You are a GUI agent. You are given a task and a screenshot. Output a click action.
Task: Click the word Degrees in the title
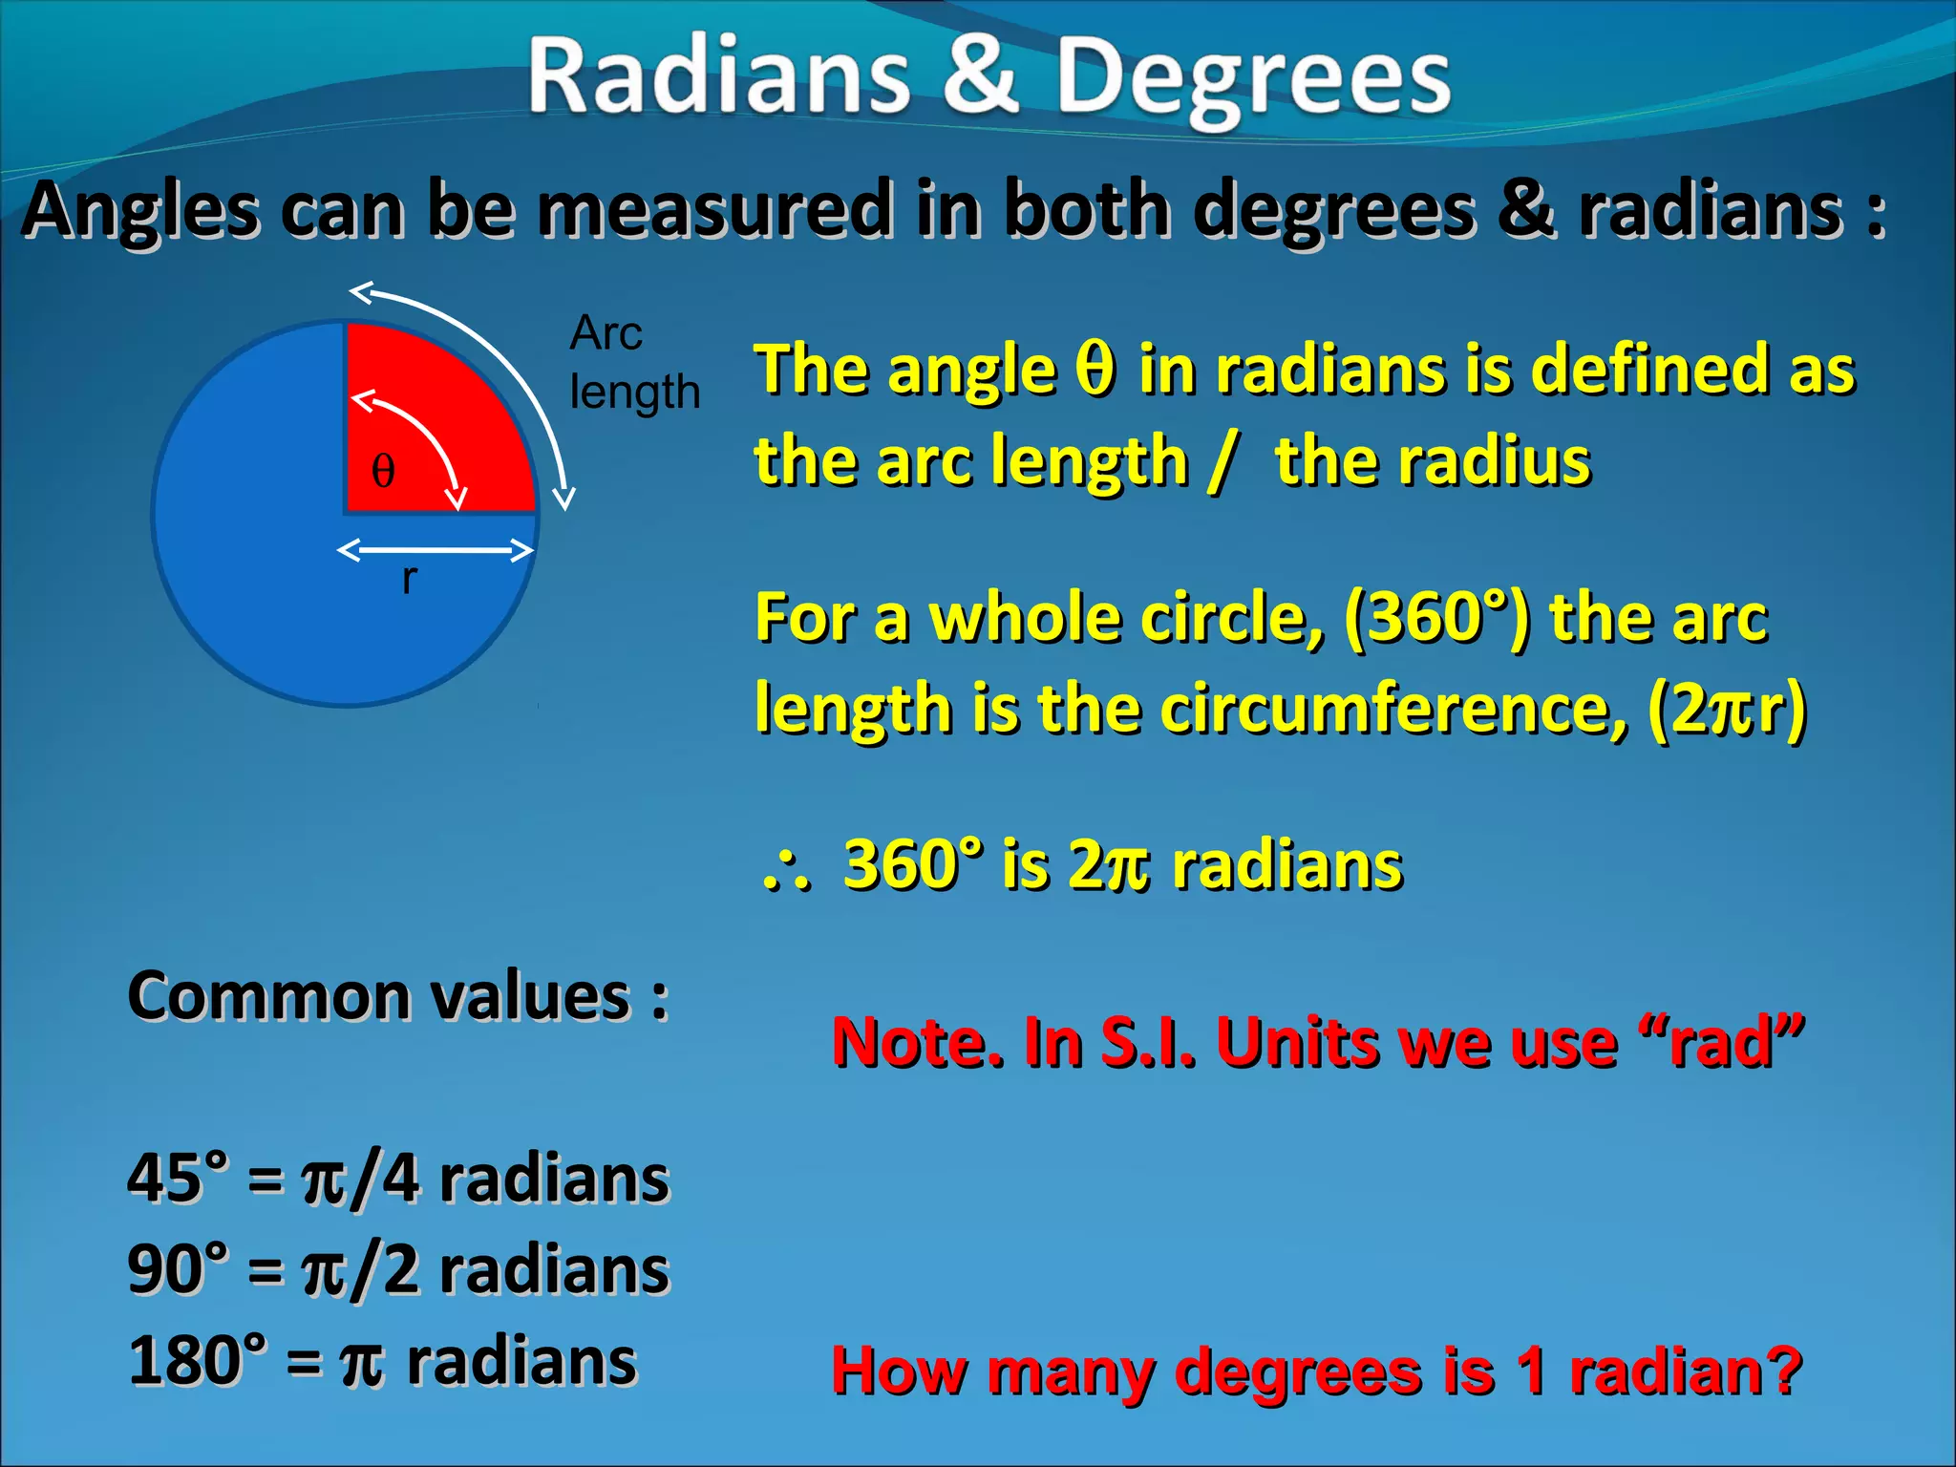1252,81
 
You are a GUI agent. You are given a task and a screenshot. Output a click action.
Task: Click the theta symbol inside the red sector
383,471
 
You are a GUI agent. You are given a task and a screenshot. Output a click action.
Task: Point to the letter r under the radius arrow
409,578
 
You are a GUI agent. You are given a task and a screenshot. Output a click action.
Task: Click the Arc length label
633,363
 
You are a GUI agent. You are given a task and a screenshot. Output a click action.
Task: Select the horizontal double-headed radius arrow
435,550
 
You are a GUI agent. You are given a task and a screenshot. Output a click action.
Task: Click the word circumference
1394,710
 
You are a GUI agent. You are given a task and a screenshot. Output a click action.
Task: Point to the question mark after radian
1782,1371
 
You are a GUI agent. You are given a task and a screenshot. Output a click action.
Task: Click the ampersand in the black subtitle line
1525,210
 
